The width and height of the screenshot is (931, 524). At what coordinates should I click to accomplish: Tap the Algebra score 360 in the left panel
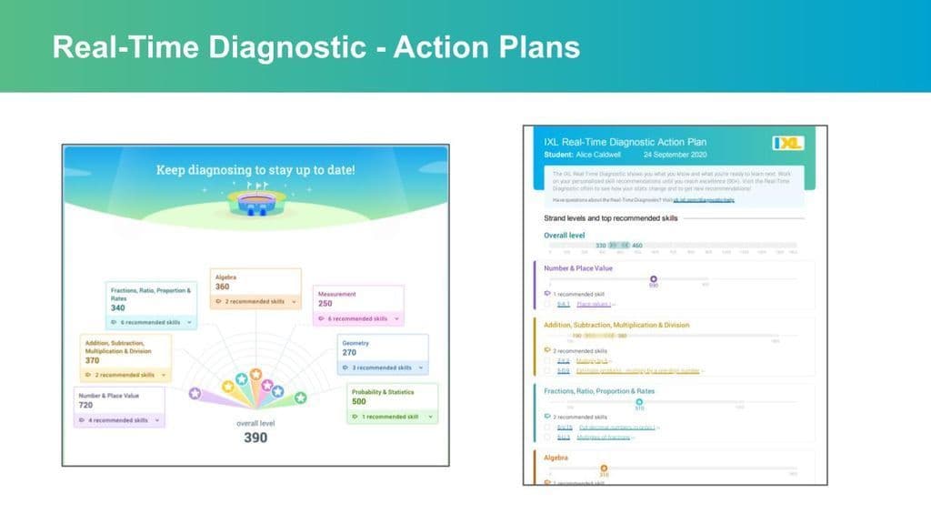[x=223, y=287]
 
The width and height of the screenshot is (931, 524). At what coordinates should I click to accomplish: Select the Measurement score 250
[x=325, y=305]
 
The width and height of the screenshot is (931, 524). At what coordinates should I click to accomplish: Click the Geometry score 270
[x=349, y=352]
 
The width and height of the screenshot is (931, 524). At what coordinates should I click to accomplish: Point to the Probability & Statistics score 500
[x=360, y=401]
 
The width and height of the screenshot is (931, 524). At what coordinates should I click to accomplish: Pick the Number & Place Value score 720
[x=88, y=405]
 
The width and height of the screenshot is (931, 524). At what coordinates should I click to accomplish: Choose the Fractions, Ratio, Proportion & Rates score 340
[x=118, y=307]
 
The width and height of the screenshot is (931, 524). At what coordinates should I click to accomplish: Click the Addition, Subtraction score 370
[x=93, y=360]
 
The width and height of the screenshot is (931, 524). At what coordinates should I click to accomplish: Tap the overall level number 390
[x=255, y=438]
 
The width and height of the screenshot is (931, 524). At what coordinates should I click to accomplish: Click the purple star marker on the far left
[x=195, y=393]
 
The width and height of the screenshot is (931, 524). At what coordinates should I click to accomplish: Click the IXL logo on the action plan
[x=787, y=143]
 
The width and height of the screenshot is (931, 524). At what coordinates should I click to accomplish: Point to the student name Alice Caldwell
[x=597, y=154]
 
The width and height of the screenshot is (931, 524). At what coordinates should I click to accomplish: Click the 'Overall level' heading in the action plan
[x=565, y=236]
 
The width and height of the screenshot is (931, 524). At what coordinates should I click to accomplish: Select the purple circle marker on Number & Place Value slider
[x=653, y=278]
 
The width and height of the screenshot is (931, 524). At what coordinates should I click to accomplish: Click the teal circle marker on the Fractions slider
[x=639, y=401]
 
